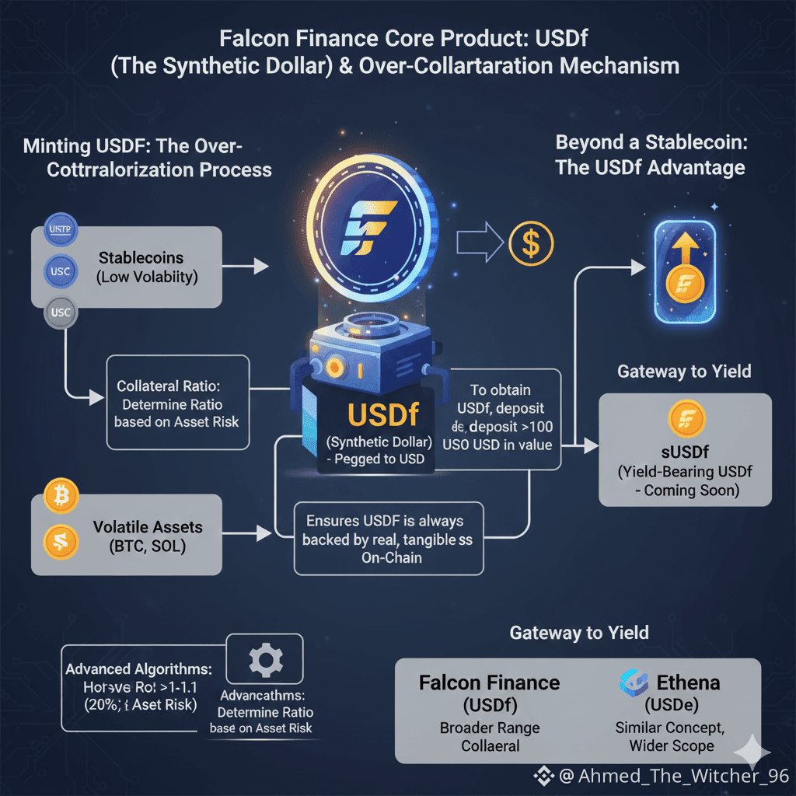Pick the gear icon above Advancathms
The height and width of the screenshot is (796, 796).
[x=265, y=659]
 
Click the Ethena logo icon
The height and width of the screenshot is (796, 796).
[x=634, y=682]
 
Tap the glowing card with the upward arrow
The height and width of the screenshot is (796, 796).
[x=685, y=270]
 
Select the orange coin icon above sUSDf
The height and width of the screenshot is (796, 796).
[x=686, y=419]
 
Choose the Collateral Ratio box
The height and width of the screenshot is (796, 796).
[x=178, y=403]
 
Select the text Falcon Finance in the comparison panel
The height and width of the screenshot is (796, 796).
[x=489, y=683]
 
